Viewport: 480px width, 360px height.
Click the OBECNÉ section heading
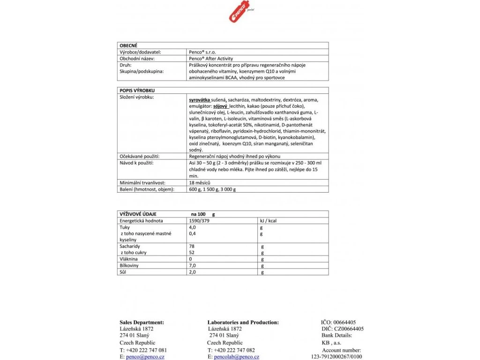129,45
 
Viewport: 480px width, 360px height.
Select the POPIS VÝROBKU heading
137,90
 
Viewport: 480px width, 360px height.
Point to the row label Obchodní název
138,59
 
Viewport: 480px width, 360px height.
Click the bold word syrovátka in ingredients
199,100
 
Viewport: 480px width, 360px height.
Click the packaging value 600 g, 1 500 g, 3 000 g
212,189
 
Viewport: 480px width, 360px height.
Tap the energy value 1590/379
197,220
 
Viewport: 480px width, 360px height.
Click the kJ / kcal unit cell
268,220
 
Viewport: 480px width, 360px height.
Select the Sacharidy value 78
191,246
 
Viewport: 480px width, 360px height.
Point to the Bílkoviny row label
131,265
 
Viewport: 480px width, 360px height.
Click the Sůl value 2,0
192,272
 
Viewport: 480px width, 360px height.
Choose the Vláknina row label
130,259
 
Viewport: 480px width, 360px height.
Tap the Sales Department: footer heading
142,322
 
